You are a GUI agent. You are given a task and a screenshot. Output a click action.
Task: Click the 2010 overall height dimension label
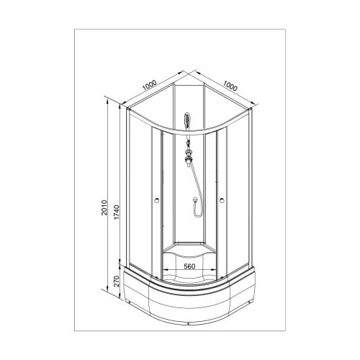point(104,207)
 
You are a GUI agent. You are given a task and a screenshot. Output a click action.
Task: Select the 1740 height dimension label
point(117,212)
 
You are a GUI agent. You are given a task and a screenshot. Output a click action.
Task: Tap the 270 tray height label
point(116,281)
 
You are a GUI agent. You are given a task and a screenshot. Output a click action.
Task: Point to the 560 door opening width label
point(189,266)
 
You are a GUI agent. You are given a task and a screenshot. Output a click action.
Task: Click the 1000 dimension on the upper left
point(149,86)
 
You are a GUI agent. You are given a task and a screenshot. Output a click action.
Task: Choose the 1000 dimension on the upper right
point(230,86)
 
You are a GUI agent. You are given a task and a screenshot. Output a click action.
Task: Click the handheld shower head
point(187,121)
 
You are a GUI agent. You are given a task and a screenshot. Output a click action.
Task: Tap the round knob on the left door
point(157,199)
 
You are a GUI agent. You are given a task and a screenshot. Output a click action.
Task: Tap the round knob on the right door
point(222,199)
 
